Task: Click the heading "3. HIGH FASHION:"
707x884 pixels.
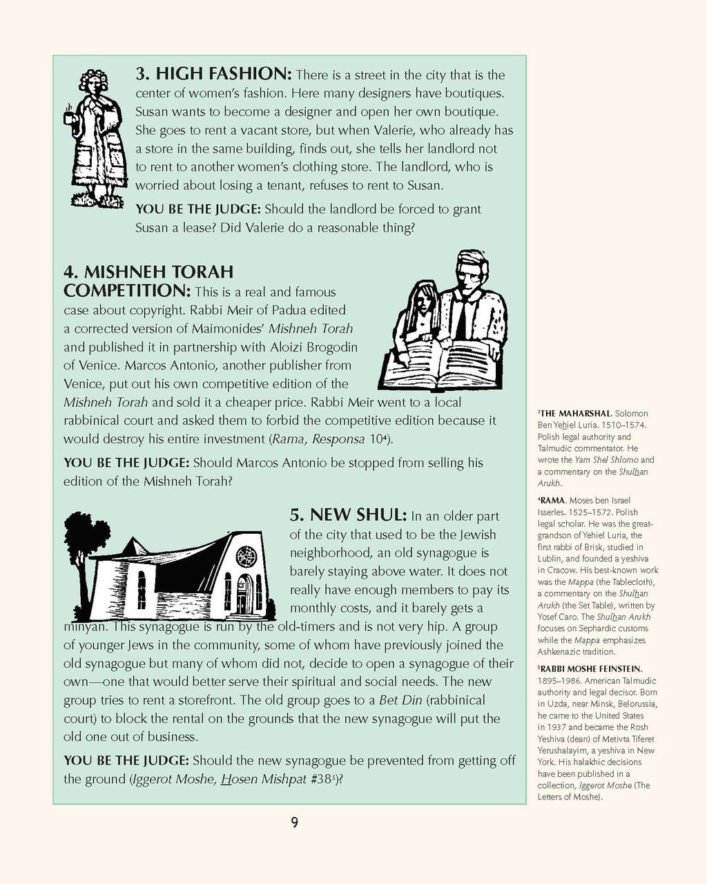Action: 214,74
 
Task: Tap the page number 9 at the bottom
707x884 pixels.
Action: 294,822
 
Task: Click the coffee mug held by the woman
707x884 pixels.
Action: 69,117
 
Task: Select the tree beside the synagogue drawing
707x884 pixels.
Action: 84,552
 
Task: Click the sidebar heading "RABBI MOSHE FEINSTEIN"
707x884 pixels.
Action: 591,669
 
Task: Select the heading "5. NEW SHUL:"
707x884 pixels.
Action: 348,515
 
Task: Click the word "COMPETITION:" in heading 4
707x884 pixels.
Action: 127,290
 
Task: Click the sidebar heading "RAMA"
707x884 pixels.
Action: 552,500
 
